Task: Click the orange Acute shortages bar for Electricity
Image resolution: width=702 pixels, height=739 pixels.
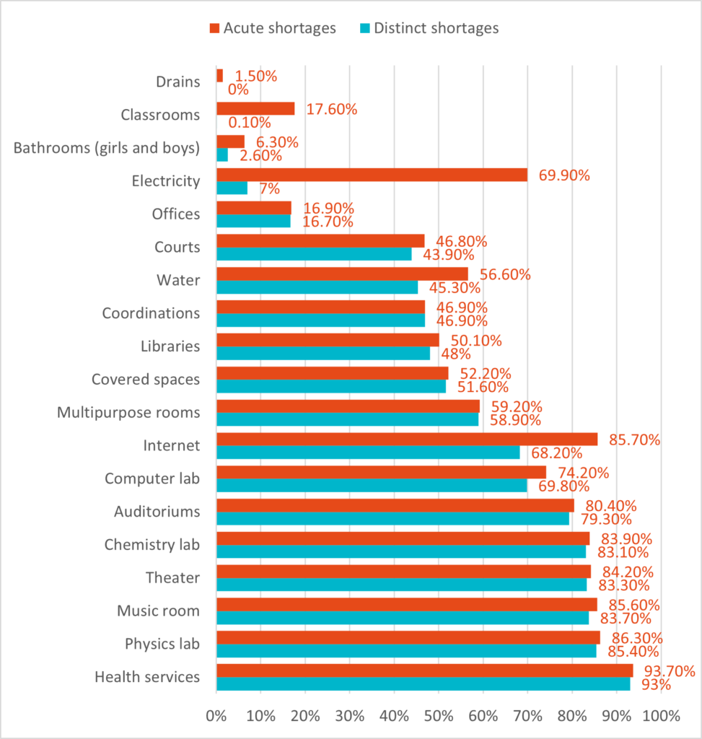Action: pyautogui.click(x=372, y=175)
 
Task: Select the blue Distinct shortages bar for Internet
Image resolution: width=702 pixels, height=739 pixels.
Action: pyautogui.click(x=368, y=452)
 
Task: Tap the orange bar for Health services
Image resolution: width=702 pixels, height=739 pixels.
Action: pyautogui.click(x=424, y=670)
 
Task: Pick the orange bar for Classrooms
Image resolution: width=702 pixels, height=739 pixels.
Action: pyautogui.click(x=255, y=108)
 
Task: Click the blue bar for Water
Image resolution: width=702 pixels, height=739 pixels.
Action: pyautogui.click(x=317, y=287)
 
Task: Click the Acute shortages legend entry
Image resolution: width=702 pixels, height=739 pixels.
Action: pyautogui.click(x=273, y=28)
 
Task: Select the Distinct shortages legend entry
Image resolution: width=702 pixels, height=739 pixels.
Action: pyautogui.click(x=429, y=28)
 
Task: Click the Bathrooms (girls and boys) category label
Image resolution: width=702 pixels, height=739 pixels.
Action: pyautogui.click(x=107, y=148)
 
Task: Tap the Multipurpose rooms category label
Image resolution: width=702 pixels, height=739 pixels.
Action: pyautogui.click(x=128, y=412)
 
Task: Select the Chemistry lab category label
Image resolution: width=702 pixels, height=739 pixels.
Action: pyautogui.click(x=152, y=544)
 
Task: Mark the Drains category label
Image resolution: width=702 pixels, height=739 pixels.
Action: pyautogui.click(x=178, y=82)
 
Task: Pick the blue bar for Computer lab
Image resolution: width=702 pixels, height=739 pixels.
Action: pyautogui.click(x=372, y=486)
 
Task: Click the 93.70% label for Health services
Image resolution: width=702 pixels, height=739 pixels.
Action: pyautogui.click(x=665, y=671)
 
